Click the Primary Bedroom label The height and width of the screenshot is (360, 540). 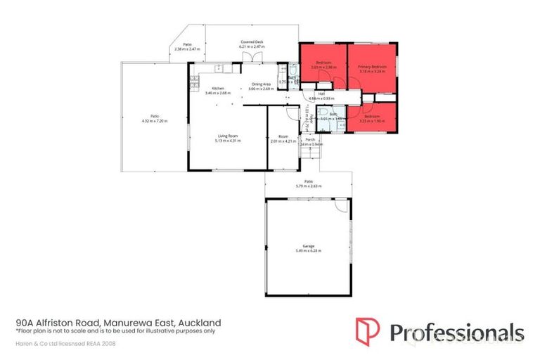click(x=372, y=66)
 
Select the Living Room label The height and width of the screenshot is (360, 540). click(x=228, y=136)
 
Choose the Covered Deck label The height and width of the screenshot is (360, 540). click(x=252, y=42)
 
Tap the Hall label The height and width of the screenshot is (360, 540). click(x=321, y=94)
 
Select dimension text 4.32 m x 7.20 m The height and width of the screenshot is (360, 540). click(x=152, y=121)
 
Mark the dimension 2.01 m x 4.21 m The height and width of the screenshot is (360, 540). click(x=283, y=141)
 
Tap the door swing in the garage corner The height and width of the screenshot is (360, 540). click(x=340, y=206)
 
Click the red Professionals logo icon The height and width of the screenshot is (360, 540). click(x=366, y=331)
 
